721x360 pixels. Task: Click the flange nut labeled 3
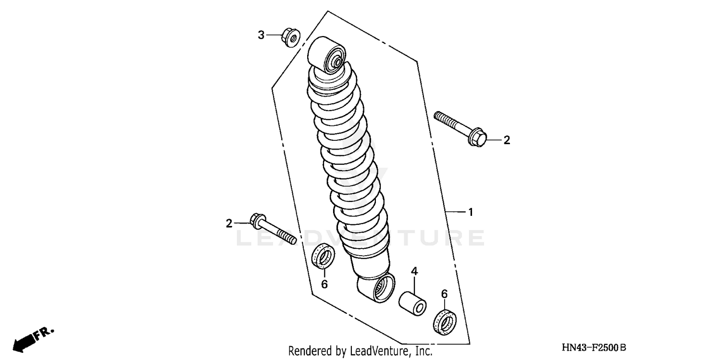coord(291,37)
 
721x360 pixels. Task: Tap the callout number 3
coord(261,35)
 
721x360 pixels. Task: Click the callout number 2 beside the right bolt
coord(506,140)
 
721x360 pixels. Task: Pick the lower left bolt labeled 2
coord(272,229)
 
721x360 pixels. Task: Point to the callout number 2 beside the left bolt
coord(229,223)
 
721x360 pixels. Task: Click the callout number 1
coord(471,212)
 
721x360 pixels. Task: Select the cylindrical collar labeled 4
coord(412,302)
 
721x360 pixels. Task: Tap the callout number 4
coord(414,272)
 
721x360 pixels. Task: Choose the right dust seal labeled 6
coord(445,320)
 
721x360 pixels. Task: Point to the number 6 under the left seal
coord(324,285)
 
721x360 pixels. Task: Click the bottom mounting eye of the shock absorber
coord(381,288)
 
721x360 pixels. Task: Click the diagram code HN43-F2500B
coord(594,348)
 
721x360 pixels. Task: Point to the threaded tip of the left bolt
coord(288,239)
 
